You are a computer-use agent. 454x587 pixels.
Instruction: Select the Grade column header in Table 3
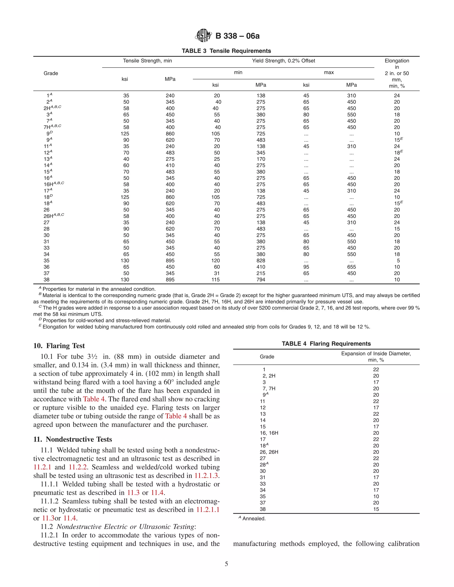(x=51, y=73)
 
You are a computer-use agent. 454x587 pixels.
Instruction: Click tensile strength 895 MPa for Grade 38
(x=170, y=280)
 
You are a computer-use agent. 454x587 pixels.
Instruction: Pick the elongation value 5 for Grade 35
(x=398, y=260)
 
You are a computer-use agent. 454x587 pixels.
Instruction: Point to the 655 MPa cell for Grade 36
(x=351, y=267)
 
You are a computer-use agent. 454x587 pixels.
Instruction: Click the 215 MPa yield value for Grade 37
(x=261, y=273)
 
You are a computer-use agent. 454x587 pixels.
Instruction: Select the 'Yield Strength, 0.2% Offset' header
(x=283, y=61)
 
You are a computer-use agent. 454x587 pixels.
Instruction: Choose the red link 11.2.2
(x=78, y=467)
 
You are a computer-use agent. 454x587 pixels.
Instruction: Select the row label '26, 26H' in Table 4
(x=269, y=452)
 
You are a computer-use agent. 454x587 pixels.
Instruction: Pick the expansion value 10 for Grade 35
(x=376, y=496)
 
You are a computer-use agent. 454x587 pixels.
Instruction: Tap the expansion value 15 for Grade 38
(x=376, y=509)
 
